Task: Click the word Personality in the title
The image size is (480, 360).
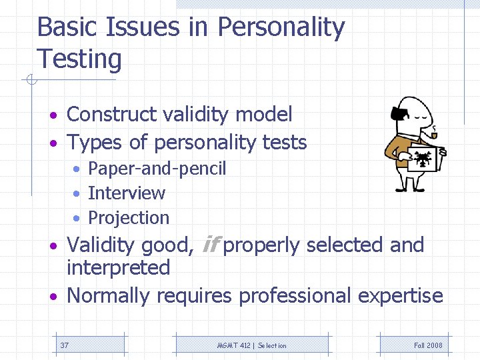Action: point(281,28)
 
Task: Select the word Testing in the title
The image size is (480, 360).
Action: point(79,59)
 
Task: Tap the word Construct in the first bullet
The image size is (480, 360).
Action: point(113,115)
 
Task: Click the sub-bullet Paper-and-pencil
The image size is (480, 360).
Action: point(157,169)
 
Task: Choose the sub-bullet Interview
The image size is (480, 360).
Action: point(126,193)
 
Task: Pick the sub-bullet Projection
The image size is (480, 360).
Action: point(129,218)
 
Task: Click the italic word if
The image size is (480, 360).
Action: point(209,245)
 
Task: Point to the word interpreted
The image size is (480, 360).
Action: point(118,268)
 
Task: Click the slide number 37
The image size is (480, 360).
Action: point(64,345)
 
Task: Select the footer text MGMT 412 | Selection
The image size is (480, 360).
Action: point(251,345)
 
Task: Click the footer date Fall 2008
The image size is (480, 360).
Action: point(427,345)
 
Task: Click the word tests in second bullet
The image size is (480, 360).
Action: point(285,143)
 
